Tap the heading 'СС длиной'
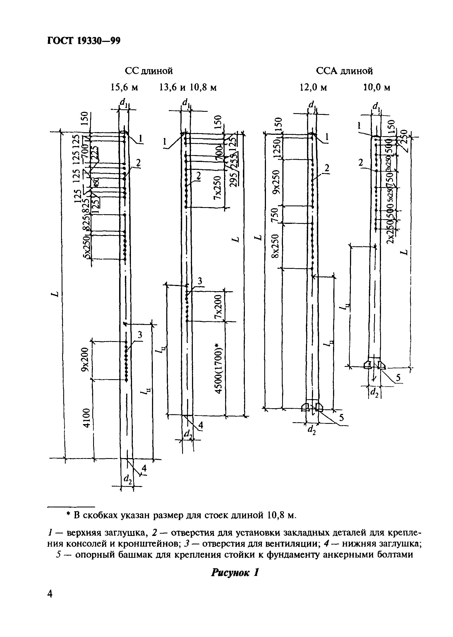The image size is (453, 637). click(149, 71)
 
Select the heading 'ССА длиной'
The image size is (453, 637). click(344, 71)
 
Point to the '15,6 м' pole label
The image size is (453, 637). click(124, 88)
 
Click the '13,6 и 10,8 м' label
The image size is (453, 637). click(188, 88)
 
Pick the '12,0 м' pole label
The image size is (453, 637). click(313, 88)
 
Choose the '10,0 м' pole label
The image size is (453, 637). click(377, 88)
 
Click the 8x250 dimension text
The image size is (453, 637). click(276, 245)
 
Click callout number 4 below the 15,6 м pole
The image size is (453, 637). click(144, 468)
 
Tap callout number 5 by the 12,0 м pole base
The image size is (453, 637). click(342, 418)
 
